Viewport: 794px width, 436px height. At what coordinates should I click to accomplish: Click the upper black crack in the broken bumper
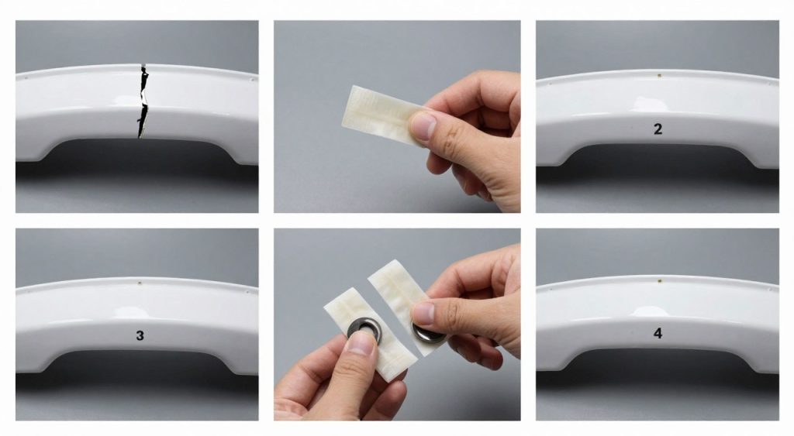(144, 82)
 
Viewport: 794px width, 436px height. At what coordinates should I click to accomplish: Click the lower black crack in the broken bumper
(142, 123)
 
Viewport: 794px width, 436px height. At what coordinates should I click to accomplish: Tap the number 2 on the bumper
(658, 129)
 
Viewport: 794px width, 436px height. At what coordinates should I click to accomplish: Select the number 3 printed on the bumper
(140, 336)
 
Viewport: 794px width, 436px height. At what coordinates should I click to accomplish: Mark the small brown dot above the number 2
(658, 77)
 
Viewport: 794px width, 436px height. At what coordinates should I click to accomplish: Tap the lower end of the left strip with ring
(392, 370)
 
